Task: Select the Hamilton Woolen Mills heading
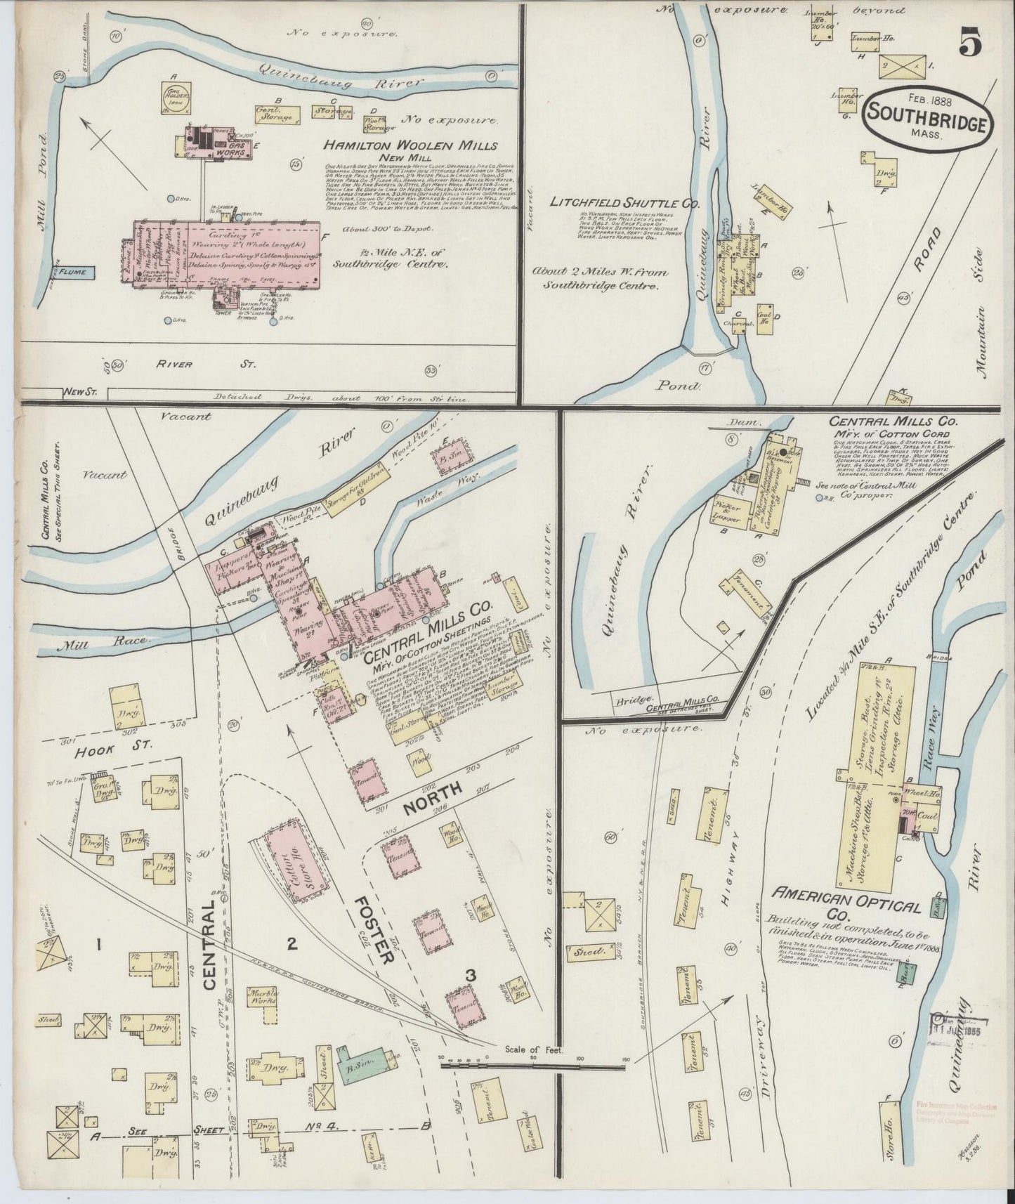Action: [410, 146]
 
